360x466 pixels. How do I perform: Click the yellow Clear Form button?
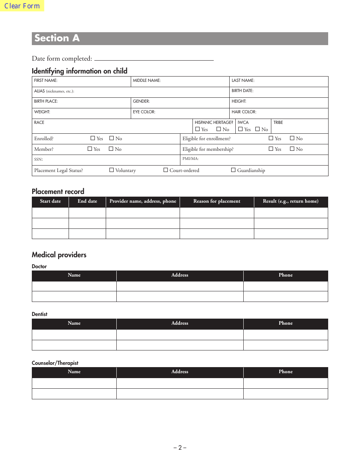[22, 6]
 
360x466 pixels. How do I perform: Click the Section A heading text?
[57, 38]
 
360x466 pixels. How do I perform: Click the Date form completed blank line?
[154, 58]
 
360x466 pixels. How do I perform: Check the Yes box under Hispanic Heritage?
[197, 129]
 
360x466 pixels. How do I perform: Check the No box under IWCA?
[257, 129]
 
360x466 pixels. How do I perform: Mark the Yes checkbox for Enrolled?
[93, 138]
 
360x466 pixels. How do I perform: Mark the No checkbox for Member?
[111, 149]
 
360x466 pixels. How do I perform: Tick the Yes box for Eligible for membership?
[271, 149]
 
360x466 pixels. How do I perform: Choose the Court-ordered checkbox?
[166, 170]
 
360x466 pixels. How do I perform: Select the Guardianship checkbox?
[233, 170]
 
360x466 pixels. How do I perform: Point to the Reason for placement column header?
[217, 201]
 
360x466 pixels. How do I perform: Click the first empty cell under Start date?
[50, 213]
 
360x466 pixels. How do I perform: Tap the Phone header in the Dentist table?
[285, 323]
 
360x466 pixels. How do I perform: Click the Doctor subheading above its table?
[39, 266]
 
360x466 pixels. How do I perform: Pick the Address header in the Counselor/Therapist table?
[180, 372]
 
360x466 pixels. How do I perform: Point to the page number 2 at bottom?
[180, 447]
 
